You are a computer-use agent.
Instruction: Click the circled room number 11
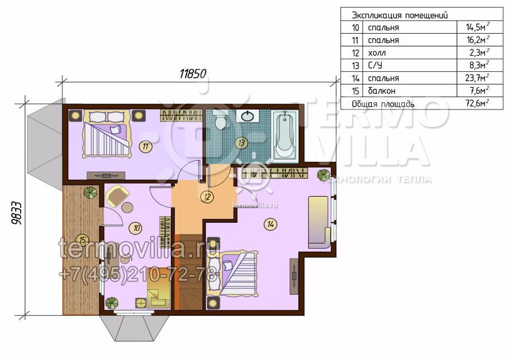(x=145, y=147)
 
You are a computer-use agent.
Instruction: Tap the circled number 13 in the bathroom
(x=241, y=143)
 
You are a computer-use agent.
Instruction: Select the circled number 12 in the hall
(x=207, y=197)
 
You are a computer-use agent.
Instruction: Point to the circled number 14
(x=271, y=224)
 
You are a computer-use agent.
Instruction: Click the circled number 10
(x=136, y=228)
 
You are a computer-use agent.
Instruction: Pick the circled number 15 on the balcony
(x=83, y=240)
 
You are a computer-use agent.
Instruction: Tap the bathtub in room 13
(x=285, y=135)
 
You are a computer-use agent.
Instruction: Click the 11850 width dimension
(x=193, y=74)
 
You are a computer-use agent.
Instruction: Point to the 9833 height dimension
(x=16, y=213)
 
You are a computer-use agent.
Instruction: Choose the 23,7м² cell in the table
(x=477, y=78)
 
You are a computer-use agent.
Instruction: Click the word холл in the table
(x=377, y=53)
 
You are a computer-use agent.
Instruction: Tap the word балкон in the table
(x=382, y=91)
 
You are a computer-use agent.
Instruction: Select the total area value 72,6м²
(x=477, y=103)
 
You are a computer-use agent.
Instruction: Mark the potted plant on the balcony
(x=90, y=192)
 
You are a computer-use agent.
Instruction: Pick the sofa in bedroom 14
(x=320, y=222)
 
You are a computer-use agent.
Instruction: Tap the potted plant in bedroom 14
(x=324, y=175)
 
